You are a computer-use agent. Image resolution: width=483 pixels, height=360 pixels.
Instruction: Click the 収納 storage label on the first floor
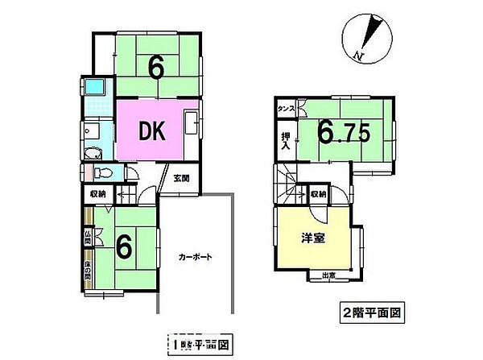coord(97,194)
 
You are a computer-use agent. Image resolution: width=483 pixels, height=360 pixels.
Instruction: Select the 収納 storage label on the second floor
coord(318,194)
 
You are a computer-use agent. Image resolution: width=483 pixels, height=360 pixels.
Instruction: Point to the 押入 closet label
coord(285,142)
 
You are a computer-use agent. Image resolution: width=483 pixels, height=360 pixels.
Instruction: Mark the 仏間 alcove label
coord(86,237)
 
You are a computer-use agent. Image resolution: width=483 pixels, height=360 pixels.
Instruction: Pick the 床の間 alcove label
coord(86,275)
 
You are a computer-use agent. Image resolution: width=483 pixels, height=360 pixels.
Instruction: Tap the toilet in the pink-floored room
coord(98,172)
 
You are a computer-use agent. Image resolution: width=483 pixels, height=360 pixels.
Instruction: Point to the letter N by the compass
coord(359,55)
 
